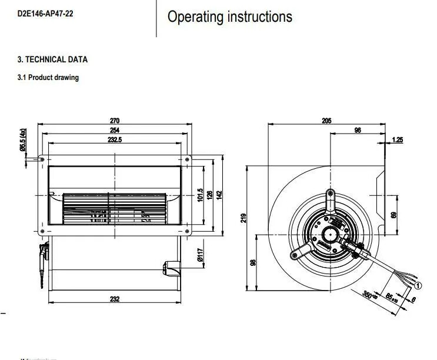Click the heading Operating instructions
point(229,16)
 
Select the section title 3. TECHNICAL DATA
point(52,59)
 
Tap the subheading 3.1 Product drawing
point(48,78)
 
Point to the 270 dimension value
point(115,120)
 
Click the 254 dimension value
point(115,130)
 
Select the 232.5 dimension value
point(115,140)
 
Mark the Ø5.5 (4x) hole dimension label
point(23,141)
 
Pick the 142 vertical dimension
point(219,195)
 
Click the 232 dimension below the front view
point(115,299)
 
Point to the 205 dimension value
point(327,120)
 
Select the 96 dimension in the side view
point(358,130)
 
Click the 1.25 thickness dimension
point(398,140)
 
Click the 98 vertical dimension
point(253,262)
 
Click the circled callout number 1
point(418,285)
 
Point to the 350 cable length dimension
point(368,295)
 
